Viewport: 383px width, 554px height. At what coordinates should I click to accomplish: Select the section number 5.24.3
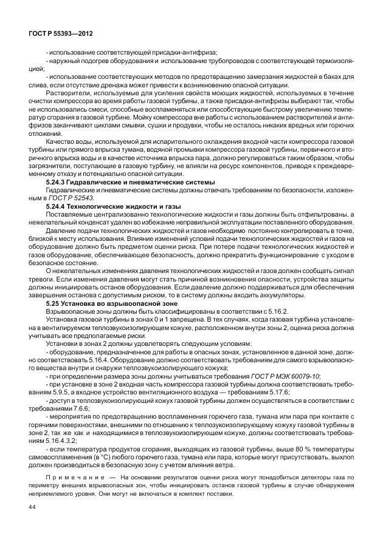coord(60,182)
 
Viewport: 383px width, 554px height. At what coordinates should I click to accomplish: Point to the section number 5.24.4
coord(60,206)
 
